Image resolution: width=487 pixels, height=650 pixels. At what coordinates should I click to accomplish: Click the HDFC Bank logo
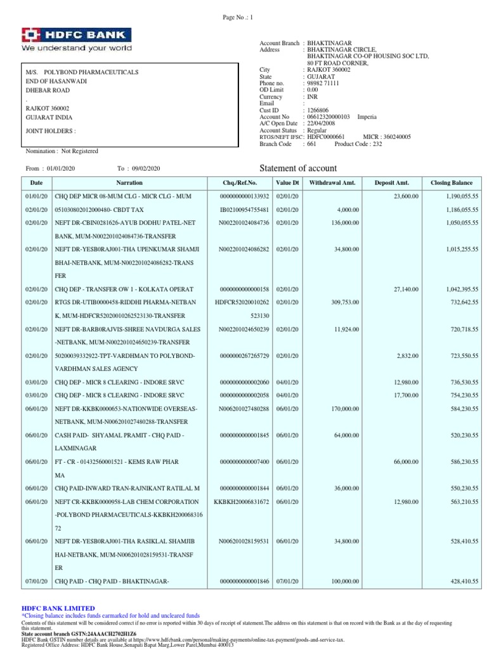(x=77, y=39)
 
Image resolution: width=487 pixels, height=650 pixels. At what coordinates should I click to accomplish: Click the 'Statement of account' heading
(x=299, y=168)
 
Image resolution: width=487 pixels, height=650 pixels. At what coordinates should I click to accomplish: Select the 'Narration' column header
(x=129, y=183)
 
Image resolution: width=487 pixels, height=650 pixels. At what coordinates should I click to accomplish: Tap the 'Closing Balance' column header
(x=453, y=183)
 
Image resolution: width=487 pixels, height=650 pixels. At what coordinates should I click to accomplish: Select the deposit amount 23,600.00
(x=404, y=197)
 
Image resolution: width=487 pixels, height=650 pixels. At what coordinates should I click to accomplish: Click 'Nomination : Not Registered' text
(x=62, y=151)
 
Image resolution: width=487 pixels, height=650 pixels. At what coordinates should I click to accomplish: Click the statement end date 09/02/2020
(x=146, y=168)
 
